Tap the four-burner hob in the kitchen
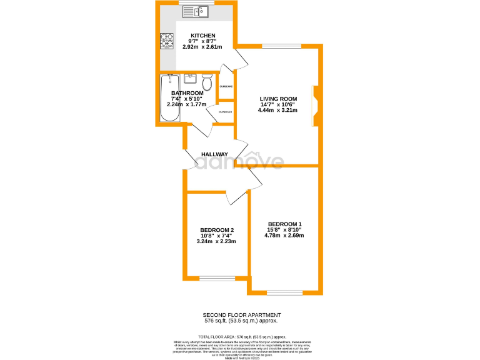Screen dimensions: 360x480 point(167,41)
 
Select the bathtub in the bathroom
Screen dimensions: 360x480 point(170,98)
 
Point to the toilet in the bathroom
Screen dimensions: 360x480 point(207,82)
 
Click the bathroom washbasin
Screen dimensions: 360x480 point(191,79)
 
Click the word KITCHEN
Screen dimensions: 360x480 point(203,36)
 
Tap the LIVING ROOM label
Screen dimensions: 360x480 point(278,99)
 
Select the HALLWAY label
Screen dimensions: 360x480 point(214,154)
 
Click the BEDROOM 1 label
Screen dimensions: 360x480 point(284,224)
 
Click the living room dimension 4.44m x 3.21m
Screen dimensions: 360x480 point(277,110)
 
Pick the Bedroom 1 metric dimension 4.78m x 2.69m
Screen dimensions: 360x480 point(284,236)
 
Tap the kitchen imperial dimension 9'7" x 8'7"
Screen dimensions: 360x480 point(203,41)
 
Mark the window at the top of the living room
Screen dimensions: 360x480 point(281,46)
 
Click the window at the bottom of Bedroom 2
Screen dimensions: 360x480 point(217,279)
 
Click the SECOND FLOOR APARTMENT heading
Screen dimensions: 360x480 point(242,314)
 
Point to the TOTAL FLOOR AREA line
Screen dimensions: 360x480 point(242,336)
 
